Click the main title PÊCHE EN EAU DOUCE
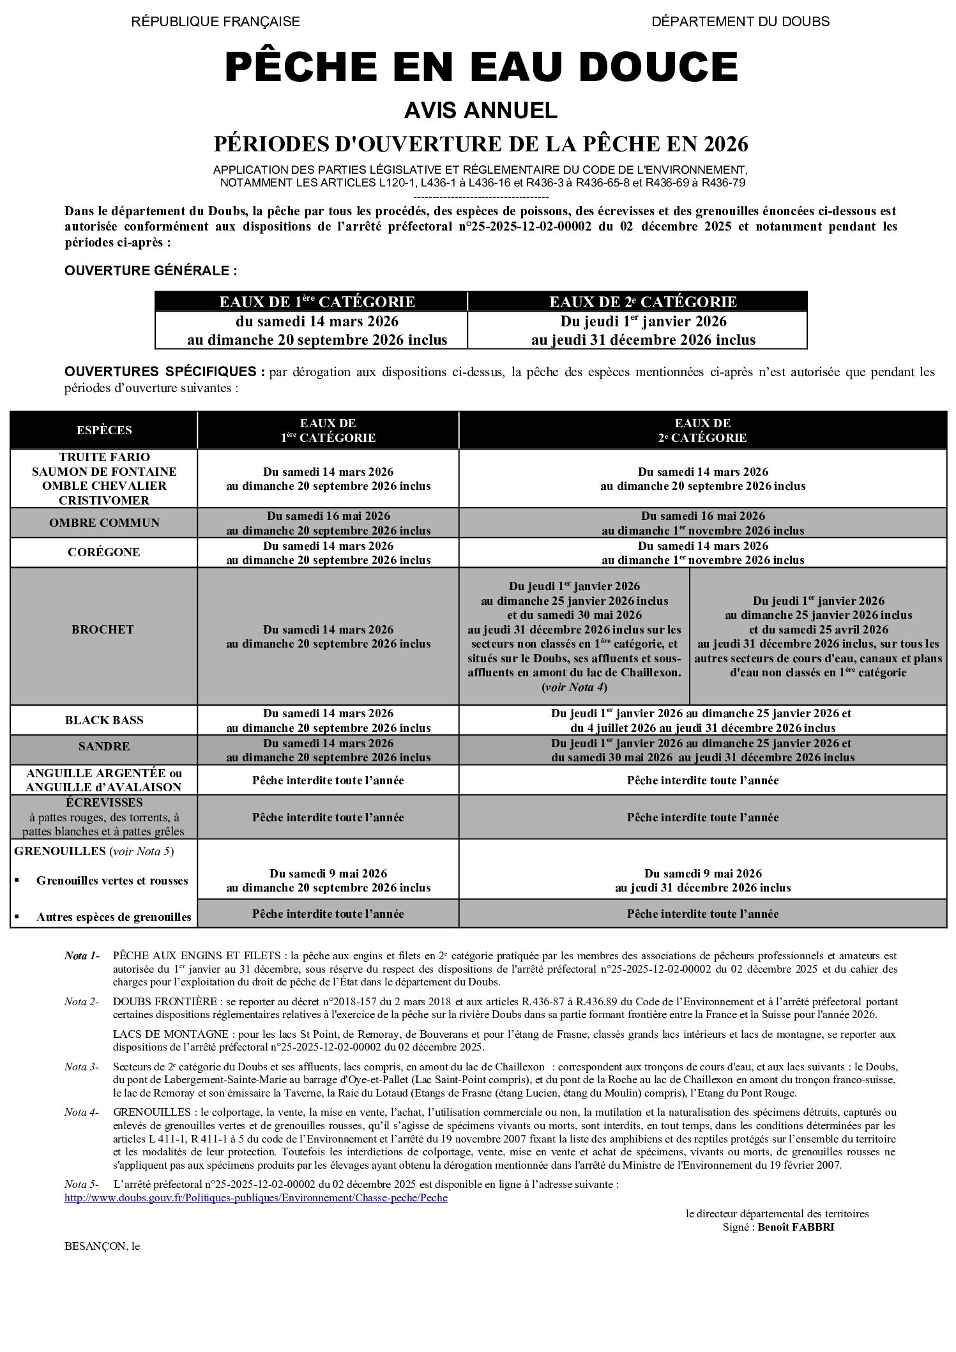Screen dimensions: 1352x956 pyautogui.click(x=481, y=68)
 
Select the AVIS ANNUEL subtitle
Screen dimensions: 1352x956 pyautogui.click(x=480, y=111)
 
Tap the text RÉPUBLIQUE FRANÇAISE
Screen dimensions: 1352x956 pyautogui.click(x=215, y=22)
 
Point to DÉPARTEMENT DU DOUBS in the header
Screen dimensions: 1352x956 pyautogui.click(x=740, y=22)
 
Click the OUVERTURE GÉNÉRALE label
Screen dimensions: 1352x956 pyautogui.click(x=151, y=271)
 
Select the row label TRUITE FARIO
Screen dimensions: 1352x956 pyautogui.click(x=104, y=457)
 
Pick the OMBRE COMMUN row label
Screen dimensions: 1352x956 pyautogui.click(x=104, y=523)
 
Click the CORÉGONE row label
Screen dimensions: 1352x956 pyautogui.click(x=104, y=552)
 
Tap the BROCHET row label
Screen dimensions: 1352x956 pyautogui.click(x=103, y=630)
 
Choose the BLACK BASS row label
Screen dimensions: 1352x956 pyautogui.click(x=104, y=720)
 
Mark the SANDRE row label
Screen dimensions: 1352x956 pyautogui.click(x=104, y=747)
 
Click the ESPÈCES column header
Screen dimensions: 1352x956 pyautogui.click(x=104, y=430)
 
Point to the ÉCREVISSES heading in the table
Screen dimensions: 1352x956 pyautogui.click(x=104, y=803)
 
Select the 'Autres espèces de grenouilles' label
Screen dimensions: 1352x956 pyautogui.click(x=114, y=917)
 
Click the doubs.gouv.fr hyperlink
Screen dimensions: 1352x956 pyautogui.click(x=256, y=1197)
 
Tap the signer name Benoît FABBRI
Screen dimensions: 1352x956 pyautogui.click(x=796, y=1227)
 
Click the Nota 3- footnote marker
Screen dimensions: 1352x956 pyautogui.click(x=81, y=1067)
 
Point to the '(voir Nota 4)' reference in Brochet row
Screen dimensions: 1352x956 pyautogui.click(x=574, y=687)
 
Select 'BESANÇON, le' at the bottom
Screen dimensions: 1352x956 pyautogui.click(x=102, y=1246)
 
